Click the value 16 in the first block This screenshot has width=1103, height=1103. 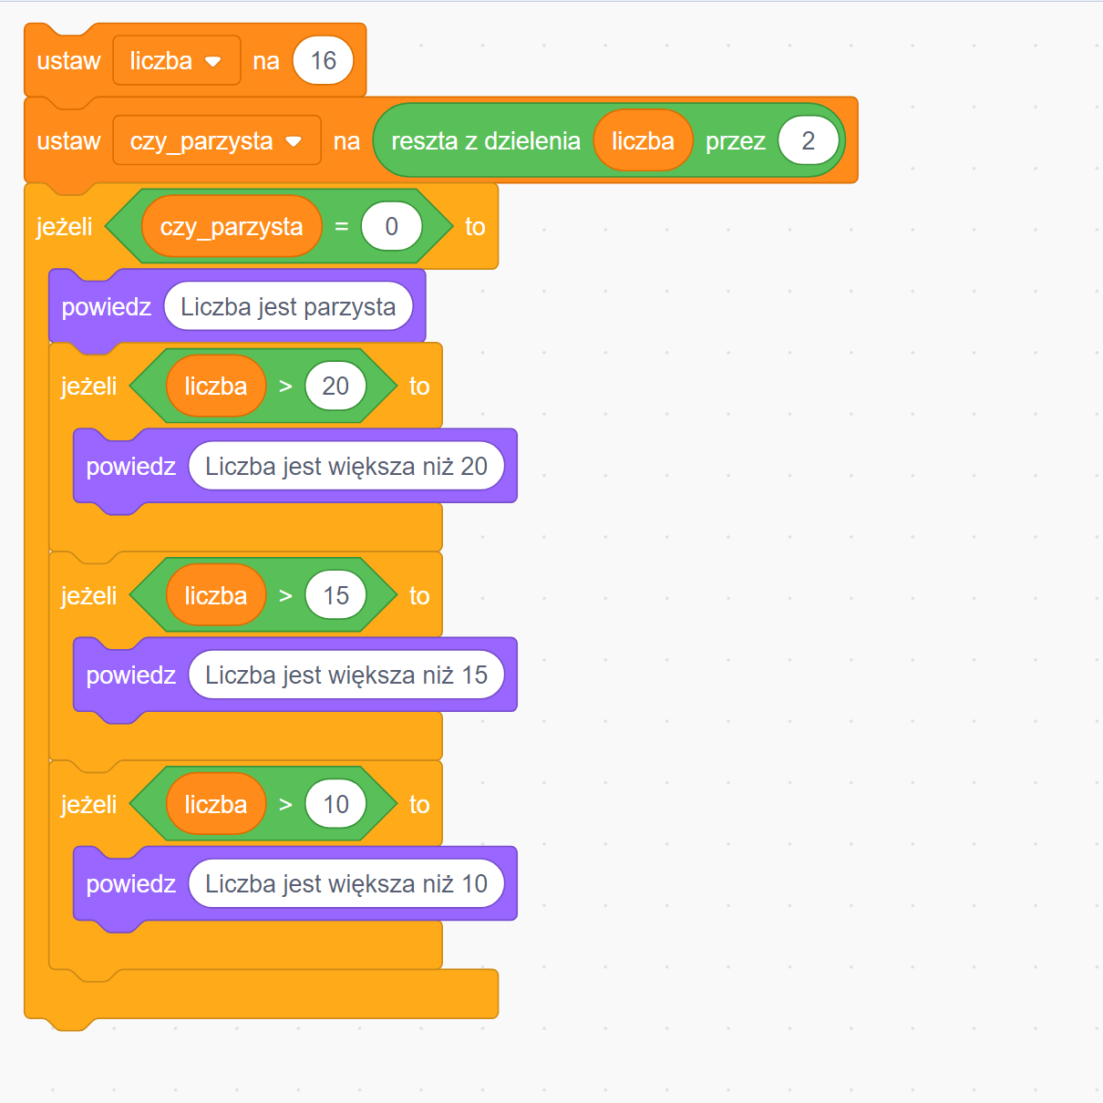tap(323, 61)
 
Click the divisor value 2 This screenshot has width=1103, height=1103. tap(808, 141)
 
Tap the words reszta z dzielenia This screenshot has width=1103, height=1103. tap(485, 141)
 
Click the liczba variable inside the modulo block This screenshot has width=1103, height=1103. tap(643, 141)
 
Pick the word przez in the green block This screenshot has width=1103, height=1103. tap(735, 141)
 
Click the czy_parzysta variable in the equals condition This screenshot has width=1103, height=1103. tap(232, 227)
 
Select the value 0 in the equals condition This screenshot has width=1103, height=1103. tap(391, 227)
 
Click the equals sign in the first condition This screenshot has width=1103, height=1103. tap(342, 227)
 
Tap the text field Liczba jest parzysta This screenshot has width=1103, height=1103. tap(288, 307)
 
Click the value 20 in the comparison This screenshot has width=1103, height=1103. tap(335, 387)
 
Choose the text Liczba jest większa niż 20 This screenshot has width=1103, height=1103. tap(346, 467)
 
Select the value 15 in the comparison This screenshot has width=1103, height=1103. tap(335, 596)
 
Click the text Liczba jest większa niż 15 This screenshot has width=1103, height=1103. tap(346, 675)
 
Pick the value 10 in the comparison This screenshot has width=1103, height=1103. tap(335, 805)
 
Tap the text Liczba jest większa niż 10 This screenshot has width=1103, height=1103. tap(346, 884)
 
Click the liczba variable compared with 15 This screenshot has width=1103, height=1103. tap(216, 596)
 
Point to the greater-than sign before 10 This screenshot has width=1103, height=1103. tap(285, 805)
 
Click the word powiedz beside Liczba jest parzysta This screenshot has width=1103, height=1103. tap(106, 307)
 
